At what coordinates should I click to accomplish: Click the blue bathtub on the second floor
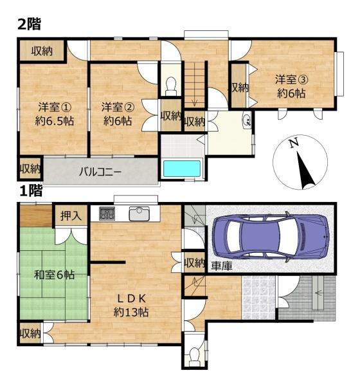point(182,169)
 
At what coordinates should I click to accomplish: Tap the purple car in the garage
point(271,237)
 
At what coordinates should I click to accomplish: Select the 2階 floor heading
point(29,24)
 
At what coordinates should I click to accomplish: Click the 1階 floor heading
point(30,191)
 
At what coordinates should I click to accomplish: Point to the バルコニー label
point(100,172)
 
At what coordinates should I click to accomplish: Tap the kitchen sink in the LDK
point(139,214)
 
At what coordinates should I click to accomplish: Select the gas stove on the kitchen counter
point(107,214)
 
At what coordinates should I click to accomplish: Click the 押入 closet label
point(71,216)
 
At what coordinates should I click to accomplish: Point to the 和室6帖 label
point(55,275)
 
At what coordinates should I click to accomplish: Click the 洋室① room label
point(55,107)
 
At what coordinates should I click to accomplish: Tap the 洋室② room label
point(118,107)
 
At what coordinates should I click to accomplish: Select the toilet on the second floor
point(171,86)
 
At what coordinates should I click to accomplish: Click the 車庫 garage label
point(222,266)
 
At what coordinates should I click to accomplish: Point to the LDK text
point(131,299)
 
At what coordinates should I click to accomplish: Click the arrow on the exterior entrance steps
point(318,293)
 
